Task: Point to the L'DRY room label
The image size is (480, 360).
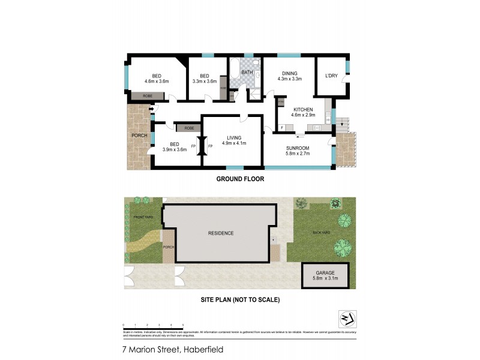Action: click(331, 75)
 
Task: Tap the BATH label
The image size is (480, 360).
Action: click(247, 73)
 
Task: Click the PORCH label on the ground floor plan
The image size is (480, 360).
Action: click(139, 136)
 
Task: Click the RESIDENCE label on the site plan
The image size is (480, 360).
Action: click(221, 233)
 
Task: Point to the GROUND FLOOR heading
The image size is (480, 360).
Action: click(240, 179)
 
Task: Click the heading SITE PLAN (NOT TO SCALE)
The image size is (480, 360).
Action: click(240, 299)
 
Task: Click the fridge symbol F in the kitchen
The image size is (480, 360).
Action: click(282, 127)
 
